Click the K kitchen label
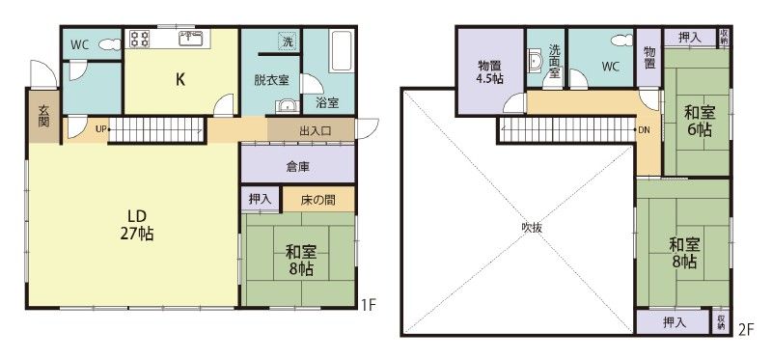(180, 80)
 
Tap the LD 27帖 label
(137, 225)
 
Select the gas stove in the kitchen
(139, 39)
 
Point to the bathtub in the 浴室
(342, 51)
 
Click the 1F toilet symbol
(108, 45)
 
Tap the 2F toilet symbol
(620, 41)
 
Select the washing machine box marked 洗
(288, 42)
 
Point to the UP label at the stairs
(101, 129)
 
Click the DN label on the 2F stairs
(644, 130)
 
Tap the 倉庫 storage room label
(297, 167)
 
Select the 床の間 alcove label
(318, 200)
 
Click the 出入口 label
(316, 131)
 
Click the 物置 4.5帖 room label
(490, 71)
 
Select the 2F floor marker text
(746, 329)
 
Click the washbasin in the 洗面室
(535, 61)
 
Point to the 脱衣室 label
(271, 80)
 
